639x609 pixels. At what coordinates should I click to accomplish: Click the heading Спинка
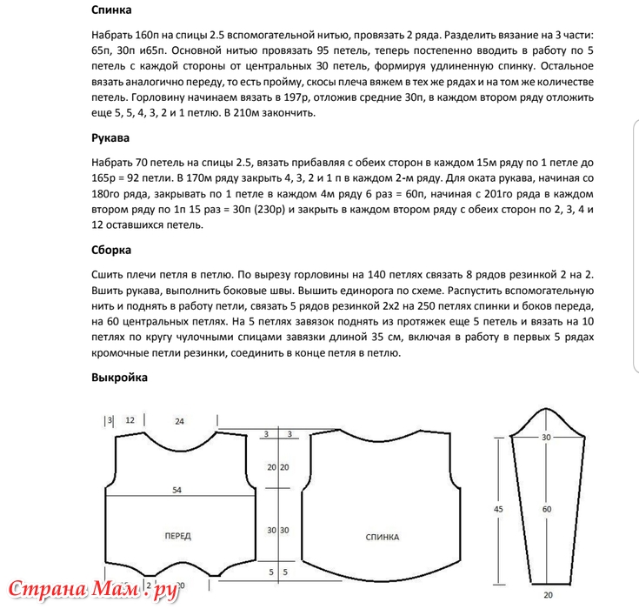coord(110,11)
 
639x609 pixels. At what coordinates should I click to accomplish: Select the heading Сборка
coord(111,250)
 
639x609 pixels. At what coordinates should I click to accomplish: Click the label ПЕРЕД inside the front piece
coord(177,536)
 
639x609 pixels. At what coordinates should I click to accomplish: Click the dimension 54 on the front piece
coord(176,491)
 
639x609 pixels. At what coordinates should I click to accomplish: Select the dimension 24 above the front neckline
coord(180,421)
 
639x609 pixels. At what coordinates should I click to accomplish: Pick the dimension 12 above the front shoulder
coord(130,420)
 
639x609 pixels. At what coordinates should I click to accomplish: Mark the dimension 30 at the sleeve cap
coord(547,438)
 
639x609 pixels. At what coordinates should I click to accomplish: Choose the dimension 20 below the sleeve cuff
coord(547,594)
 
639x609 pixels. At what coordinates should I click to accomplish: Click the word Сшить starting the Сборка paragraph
coord(108,273)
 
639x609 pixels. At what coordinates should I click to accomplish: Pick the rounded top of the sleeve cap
coord(547,427)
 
